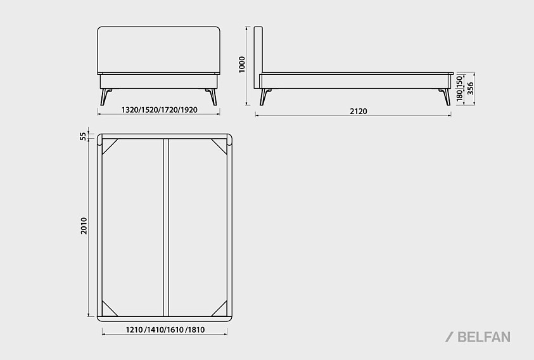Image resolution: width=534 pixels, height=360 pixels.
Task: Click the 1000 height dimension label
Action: point(242,65)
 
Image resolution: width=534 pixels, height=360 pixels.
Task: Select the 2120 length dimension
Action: point(359,111)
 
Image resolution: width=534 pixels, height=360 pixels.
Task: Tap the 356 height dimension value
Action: point(470,89)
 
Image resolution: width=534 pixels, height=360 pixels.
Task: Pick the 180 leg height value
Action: point(459,96)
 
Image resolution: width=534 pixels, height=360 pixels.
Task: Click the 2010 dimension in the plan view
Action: point(84,226)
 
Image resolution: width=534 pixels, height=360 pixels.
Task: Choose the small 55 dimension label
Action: point(83,136)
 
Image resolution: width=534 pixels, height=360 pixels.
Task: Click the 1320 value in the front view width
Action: point(129,110)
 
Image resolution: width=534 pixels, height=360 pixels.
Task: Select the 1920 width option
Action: point(189,110)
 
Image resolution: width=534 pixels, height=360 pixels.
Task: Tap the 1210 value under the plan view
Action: point(134,330)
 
